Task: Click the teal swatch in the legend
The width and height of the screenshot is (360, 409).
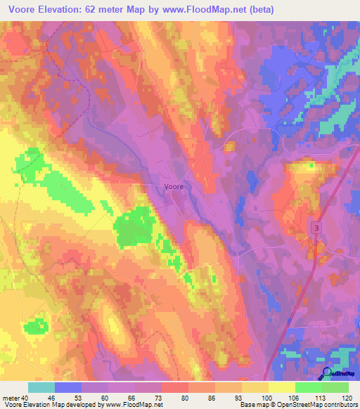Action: click(x=41, y=387)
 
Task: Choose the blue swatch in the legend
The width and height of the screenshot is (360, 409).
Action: click(x=68, y=387)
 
